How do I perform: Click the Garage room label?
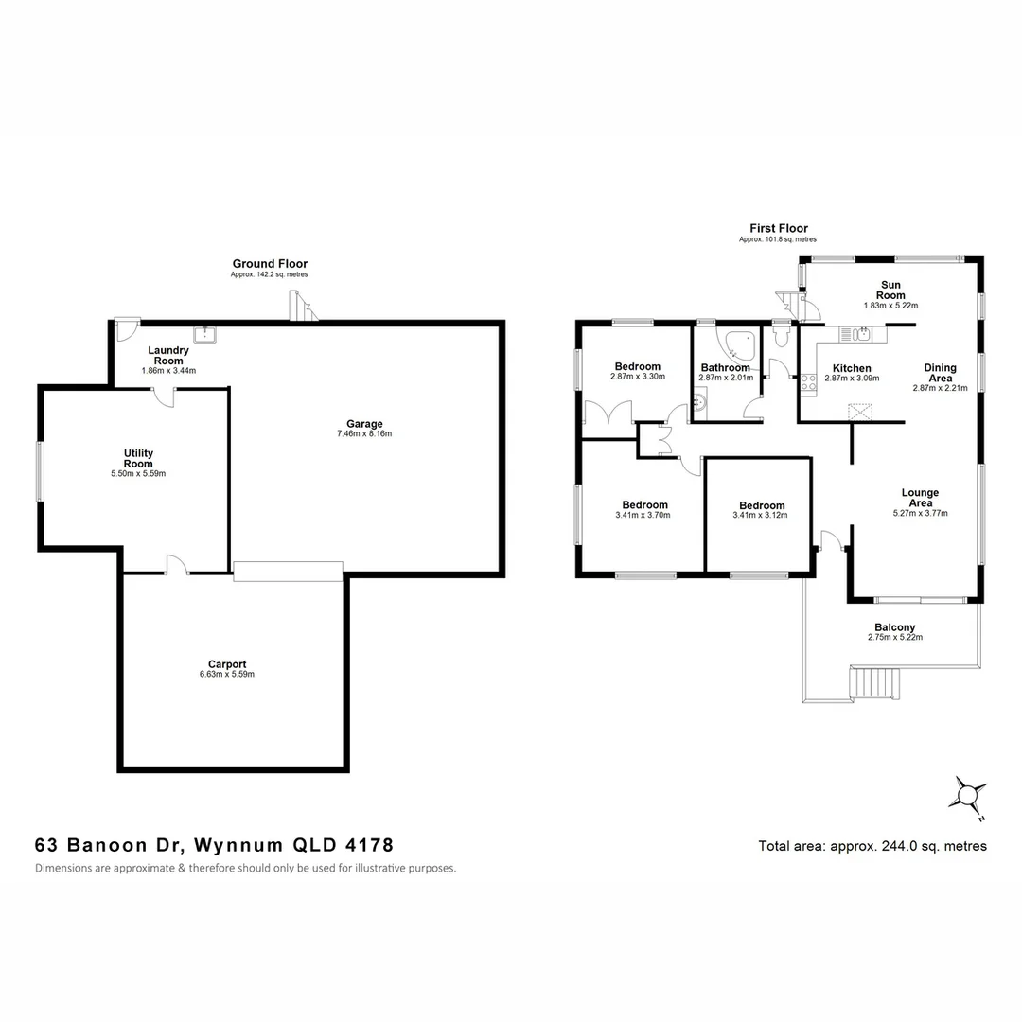pos(363,424)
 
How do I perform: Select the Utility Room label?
pos(138,458)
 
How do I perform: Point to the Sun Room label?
pos(890,290)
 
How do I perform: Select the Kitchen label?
pos(852,368)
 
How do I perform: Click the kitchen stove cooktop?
pos(808,382)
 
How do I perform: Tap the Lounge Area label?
pos(920,498)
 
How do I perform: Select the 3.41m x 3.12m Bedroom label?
pos(762,505)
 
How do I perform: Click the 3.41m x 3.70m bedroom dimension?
pos(643,516)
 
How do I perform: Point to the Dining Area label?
pos(940,373)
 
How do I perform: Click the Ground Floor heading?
pos(270,264)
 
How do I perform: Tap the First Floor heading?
pos(779,228)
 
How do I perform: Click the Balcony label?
pos(894,627)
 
